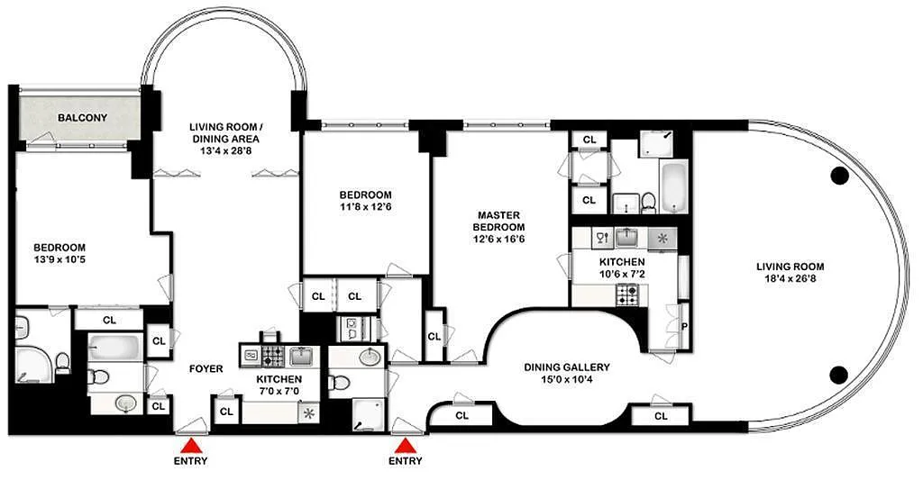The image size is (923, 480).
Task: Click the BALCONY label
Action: (82, 118)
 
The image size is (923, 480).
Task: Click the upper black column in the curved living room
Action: (839, 176)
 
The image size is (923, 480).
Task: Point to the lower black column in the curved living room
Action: (839, 373)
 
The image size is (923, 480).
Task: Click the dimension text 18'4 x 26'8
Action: (790, 279)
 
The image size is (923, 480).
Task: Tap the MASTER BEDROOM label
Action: (498, 222)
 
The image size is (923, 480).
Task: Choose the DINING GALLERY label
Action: (567, 367)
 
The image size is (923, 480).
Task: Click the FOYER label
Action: (206, 369)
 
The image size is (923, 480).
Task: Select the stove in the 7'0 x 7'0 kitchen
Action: (273, 356)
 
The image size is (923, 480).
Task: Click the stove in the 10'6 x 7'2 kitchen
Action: (627, 294)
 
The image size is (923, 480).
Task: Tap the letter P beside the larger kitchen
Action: (685, 326)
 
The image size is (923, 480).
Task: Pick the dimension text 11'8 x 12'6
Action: (366, 207)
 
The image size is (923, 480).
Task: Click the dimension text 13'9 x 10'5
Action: (59, 258)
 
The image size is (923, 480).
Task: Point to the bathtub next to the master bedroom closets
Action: (672, 187)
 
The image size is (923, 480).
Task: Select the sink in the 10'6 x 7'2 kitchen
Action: (628, 238)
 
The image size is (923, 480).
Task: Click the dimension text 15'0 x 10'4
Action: (567, 379)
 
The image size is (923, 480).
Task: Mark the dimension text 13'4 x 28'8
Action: (226, 150)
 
